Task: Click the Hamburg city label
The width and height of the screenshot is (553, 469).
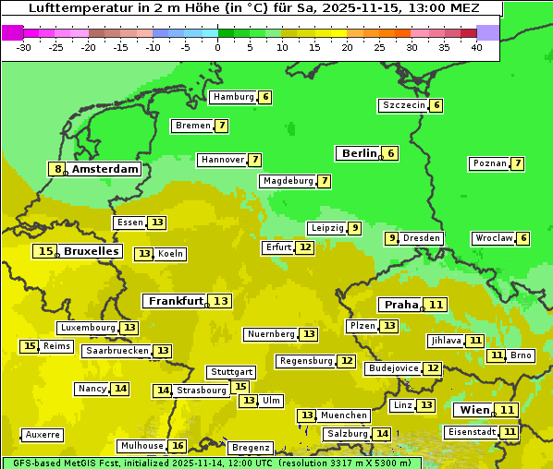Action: click(x=233, y=97)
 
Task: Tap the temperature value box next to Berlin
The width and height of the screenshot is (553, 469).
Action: click(x=391, y=153)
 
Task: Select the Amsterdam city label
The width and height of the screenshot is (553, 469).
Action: click(x=105, y=169)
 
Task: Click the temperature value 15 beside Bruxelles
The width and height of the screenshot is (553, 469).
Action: click(x=45, y=251)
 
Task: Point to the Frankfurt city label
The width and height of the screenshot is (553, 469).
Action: click(x=176, y=301)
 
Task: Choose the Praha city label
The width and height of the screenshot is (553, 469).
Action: click(x=401, y=305)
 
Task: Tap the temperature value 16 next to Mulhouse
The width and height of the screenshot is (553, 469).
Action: click(x=178, y=446)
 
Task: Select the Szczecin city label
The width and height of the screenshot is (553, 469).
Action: click(x=404, y=105)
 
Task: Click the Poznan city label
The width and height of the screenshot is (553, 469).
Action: click(x=489, y=163)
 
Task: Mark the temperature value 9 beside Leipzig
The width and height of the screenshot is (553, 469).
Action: click(x=355, y=228)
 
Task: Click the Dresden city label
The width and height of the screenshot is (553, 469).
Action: click(x=422, y=238)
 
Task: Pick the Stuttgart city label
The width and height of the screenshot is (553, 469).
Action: click(x=230, y=372)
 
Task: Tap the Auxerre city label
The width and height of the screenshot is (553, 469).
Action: click(x=43, y=435)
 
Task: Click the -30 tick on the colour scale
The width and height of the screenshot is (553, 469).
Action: click(x=24, y=46)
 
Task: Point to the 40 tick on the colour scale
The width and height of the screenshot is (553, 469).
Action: click(x=476, y=46)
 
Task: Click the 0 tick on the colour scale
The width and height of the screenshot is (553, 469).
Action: click(x=217, y=46)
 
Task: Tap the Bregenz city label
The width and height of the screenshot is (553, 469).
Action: click(x=251, y=448)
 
